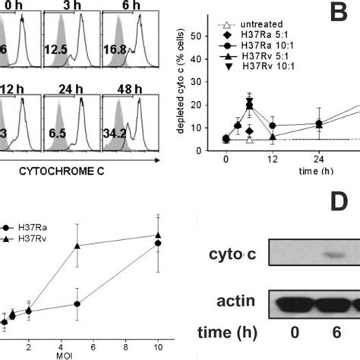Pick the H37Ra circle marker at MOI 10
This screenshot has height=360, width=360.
tap(158, 243)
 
